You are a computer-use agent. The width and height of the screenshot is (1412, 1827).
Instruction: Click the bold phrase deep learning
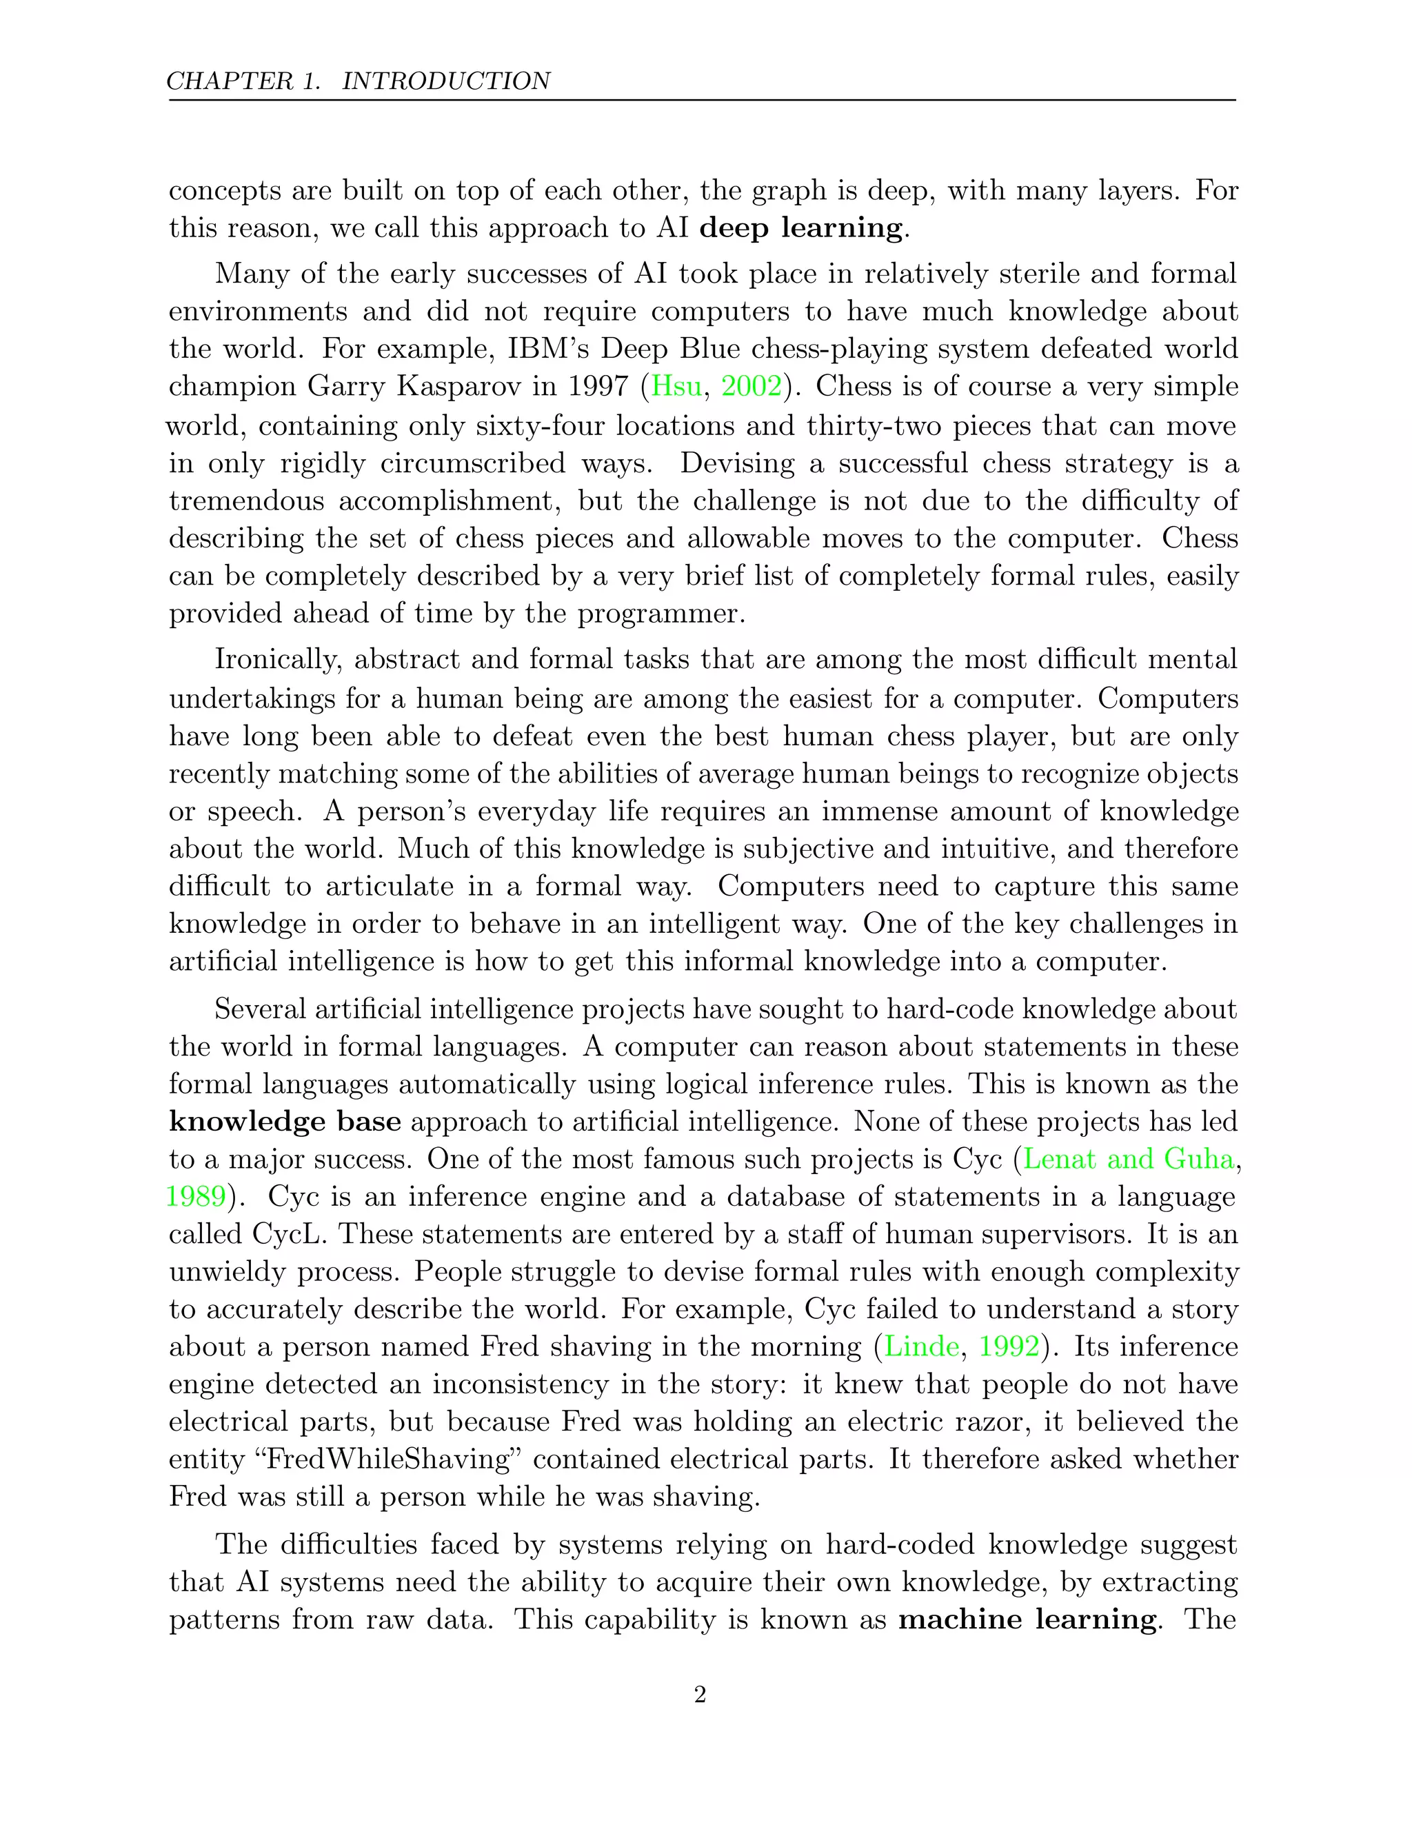(801, 228)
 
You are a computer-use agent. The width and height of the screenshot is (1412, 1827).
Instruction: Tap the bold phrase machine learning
(1028, 1619)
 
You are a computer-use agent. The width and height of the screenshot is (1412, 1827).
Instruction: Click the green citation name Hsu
(676, 387)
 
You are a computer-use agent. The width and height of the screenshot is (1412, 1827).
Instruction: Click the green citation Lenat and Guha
(1129, 1159)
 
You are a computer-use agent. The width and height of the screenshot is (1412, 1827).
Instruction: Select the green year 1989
(196, 1196)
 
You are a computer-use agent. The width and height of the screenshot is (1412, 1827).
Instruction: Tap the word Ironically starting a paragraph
(278, 659)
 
